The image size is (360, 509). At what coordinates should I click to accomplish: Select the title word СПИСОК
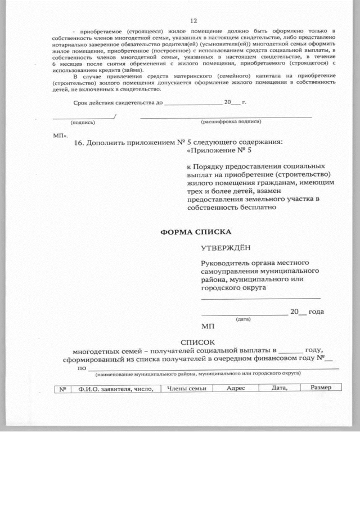197,341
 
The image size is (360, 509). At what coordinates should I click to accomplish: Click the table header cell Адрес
236,388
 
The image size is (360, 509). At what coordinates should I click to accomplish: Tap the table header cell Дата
280,388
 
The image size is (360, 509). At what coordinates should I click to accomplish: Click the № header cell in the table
63,388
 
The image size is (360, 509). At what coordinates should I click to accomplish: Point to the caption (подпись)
83,122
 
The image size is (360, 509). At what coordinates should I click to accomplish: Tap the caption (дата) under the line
243,319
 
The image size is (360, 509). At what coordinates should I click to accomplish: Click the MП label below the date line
208,326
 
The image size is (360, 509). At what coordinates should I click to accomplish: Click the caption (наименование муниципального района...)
197,373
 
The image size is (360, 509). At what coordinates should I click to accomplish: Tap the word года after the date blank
317,312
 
